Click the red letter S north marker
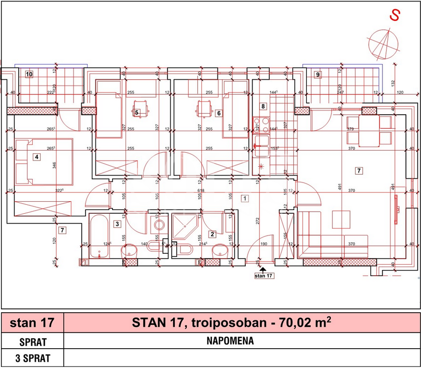tap(395, 15)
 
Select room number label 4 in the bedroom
tap(37, 156)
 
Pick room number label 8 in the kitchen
tap(263, 106)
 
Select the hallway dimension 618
tap(201, 191)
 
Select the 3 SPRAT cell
tap(32, 359)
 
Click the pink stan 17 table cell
tap(32, 323)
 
